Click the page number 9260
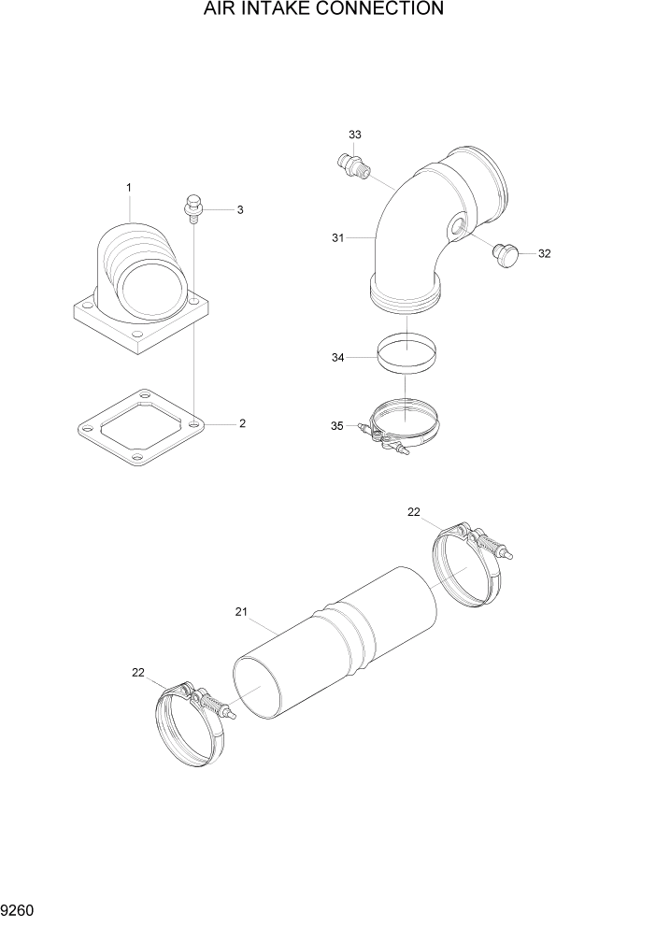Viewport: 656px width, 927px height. (x=18, y=910)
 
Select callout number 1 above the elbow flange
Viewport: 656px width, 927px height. (x=129, y=188)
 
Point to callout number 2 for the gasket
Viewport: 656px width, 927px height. (x=242, y=423)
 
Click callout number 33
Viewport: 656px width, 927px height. (x=354, y=135)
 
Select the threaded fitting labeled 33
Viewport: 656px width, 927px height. (x=352, y=166)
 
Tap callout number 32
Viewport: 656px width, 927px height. (x=545, y=253)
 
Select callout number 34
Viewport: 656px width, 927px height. (x=337, y=356)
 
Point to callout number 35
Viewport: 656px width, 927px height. (x=337, y=426)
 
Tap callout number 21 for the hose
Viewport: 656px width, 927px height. (x=240, y=612)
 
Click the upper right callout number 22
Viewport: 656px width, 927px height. (x=414, y=511)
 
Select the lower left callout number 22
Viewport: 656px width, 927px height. (x=138, y=673)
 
